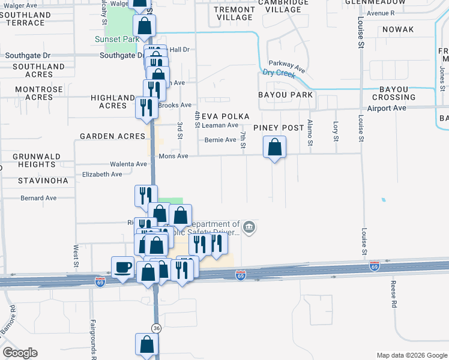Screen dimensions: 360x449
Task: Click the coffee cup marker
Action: click(123, 267)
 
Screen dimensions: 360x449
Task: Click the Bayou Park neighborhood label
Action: click(285, 95)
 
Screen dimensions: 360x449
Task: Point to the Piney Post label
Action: click(278, 128)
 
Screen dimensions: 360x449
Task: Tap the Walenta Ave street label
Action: click(128, 164)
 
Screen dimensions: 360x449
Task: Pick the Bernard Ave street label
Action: click(38, 197)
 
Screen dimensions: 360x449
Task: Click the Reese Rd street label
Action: click(394, 294)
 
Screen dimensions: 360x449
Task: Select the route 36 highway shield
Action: click(156, 328)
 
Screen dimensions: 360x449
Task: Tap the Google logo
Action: click(20, 353)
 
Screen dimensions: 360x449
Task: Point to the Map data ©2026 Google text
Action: click(411, 355)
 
